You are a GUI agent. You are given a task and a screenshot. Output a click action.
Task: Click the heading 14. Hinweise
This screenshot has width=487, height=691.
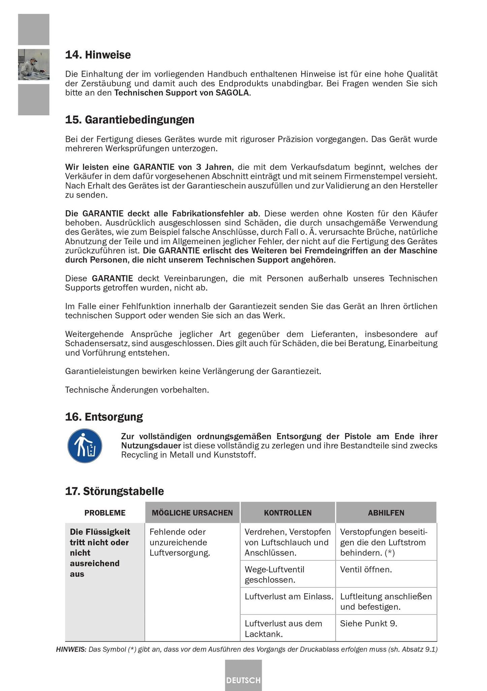pos(98,55)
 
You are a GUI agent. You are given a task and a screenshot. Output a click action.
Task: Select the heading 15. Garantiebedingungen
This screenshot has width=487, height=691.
pos(130,120)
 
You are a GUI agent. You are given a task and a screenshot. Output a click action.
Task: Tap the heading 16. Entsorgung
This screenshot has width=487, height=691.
pos(104,417)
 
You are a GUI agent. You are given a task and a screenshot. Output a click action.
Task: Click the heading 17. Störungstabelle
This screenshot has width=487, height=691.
pos(114,491)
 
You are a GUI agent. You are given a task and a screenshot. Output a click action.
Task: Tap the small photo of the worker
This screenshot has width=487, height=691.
pos(34,64)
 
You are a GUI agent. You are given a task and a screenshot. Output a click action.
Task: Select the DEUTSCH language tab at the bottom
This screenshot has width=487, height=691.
pos(243,680)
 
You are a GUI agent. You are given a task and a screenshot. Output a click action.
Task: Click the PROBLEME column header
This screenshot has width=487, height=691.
pos(105,513)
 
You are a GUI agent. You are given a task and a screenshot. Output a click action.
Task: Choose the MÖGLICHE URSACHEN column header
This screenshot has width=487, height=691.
pos(192,513)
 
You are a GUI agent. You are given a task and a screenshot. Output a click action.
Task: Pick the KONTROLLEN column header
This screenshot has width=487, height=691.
pos(287,513)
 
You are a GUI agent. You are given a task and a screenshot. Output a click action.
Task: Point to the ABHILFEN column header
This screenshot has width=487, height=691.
pos(386,513)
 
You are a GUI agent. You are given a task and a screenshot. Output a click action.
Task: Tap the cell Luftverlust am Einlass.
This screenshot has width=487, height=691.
pos(289,597)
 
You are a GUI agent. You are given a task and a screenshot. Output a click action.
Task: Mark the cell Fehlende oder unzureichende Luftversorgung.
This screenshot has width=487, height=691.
pos(180,542)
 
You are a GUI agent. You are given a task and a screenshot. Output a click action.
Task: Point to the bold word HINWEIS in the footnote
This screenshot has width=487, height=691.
pos(71,650)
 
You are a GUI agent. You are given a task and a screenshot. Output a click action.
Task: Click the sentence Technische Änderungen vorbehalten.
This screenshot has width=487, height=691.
pos(137,390)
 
